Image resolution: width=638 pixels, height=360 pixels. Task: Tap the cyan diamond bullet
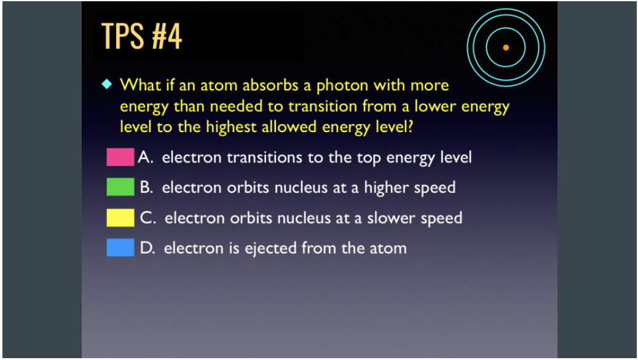106,84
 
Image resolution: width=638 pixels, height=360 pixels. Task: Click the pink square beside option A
120,157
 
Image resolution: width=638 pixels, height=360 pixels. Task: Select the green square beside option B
120,187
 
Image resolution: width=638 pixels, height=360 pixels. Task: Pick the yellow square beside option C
120,217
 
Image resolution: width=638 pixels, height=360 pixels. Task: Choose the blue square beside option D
120,248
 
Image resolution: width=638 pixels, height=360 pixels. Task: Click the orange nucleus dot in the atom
506,47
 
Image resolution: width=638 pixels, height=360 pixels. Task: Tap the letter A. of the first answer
146,157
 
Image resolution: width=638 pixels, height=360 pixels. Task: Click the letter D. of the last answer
148,248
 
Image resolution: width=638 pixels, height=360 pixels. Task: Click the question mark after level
409,127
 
